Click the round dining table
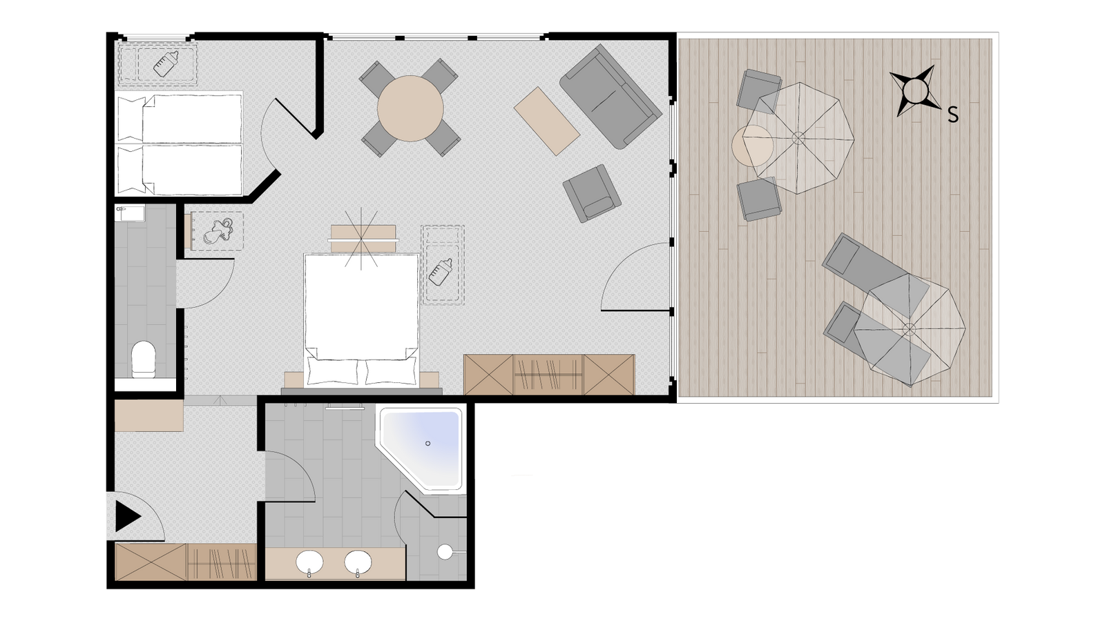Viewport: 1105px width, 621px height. [410, 108]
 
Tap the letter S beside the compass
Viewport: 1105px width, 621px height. [953, 115]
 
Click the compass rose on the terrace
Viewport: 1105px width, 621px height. [916, 91]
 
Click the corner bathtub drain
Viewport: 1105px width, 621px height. [427, 444]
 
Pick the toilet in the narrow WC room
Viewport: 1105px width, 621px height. [144, 359]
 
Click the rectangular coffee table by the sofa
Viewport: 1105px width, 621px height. [546, 121]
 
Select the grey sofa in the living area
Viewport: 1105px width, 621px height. [611, 97]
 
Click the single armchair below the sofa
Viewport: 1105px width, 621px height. [592, 193]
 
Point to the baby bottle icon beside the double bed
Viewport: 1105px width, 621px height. [441, 272]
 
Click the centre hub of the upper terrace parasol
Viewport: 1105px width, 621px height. [798, 137]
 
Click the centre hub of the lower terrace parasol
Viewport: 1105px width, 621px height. [909, 329]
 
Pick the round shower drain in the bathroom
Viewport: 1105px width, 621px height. [445, 552]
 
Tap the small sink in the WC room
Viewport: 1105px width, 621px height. [130, 214]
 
